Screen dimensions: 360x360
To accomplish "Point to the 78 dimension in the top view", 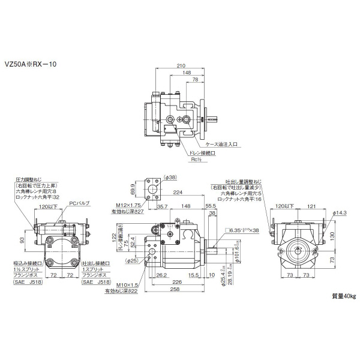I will pos(195,79).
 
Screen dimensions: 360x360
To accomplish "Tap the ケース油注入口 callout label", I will pos(222,144).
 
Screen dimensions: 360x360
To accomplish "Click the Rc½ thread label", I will pos(196,160).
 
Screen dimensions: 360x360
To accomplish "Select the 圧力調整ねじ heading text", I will pos(28,179).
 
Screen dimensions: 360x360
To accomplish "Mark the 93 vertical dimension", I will pos(22,241).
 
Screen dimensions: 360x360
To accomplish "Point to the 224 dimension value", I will pos(178,193).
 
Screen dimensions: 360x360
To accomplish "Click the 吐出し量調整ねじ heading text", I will pos(236,180).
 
